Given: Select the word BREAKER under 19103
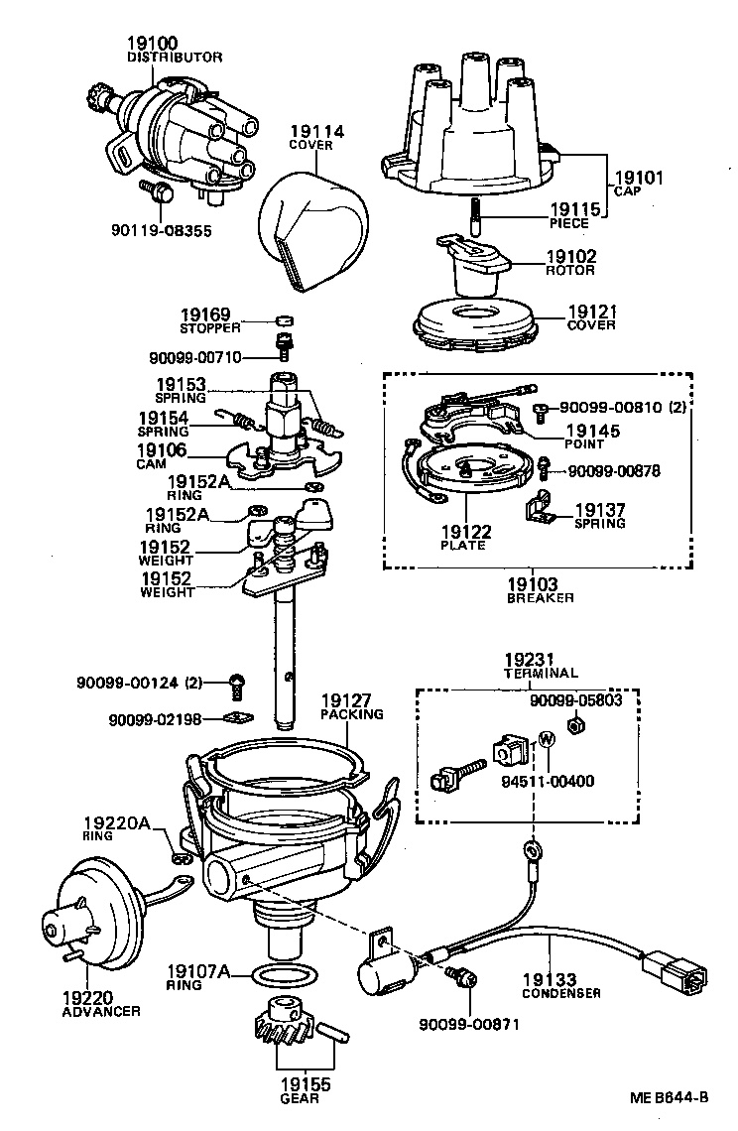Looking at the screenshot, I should click(541, 598).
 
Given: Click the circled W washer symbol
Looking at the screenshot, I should click(545, 739).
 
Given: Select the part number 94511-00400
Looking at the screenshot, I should click(549, 781).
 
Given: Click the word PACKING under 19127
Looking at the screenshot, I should click(351, 714).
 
